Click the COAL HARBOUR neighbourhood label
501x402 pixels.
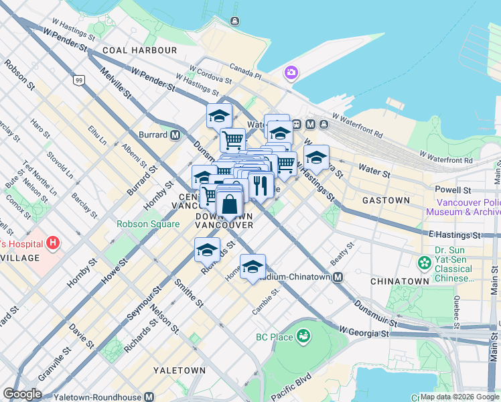coord(140,50)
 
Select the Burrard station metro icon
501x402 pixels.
coord(175,135)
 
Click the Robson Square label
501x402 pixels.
coord(147,224)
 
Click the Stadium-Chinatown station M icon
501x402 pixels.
coord(339,277)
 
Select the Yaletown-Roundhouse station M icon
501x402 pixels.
coord(150,397)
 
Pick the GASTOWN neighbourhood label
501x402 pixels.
coord(385,200)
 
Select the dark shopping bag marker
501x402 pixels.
coord(229,204)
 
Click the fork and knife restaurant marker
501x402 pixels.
coord(260,184)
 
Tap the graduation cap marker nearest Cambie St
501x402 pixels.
coord(253,267)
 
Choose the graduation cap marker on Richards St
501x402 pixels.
coord(207,250)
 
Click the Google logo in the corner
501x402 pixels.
coord(22,394)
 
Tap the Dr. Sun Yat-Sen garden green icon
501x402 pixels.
coord(423,262)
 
